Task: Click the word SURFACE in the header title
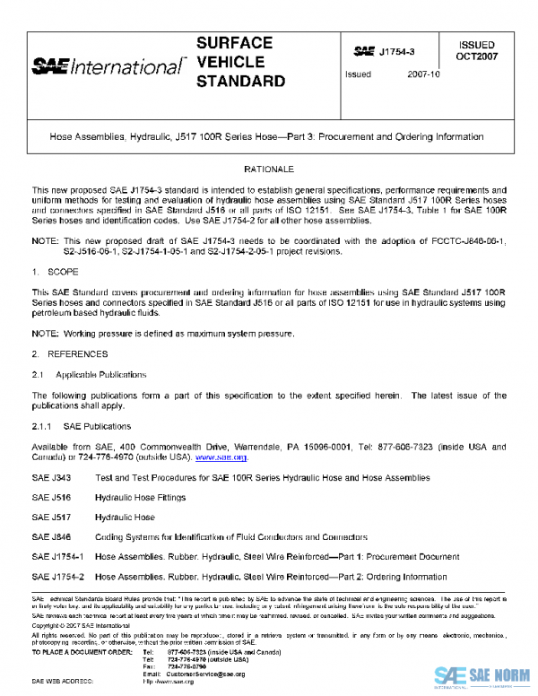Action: [x=235, y=44]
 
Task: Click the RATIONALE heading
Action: [x=268, y=169]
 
